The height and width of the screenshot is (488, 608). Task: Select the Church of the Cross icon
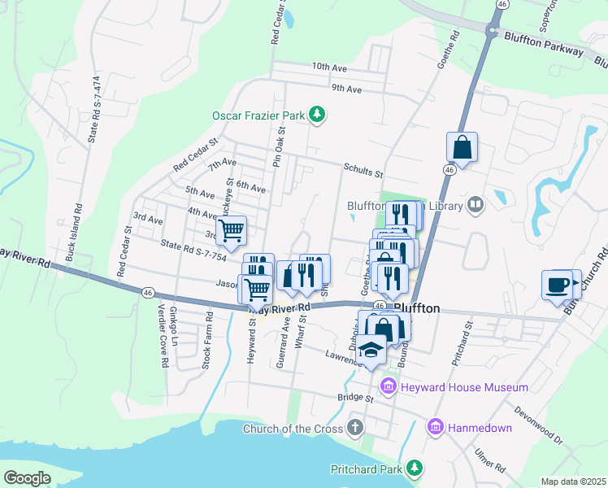coord(354,427)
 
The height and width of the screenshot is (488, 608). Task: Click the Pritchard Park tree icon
coord(415,468)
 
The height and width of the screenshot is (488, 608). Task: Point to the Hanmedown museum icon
coord(436,426)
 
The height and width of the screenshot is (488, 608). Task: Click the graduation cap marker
coord(371,350)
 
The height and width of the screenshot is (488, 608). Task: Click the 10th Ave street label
coord(329,68)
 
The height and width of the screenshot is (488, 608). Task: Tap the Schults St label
coord(363,172)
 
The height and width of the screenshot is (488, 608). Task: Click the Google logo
coord(27,478)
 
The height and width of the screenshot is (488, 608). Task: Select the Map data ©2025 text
coord(573,481)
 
